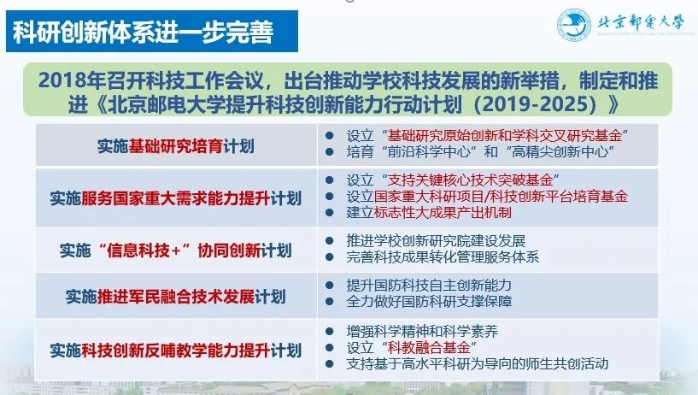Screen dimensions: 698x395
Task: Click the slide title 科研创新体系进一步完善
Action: click(143, 32)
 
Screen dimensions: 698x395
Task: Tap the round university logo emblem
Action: click(574, 26)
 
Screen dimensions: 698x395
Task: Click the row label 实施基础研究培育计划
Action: click(176, 146)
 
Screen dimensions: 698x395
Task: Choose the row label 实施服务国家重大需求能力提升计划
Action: click(176, 198)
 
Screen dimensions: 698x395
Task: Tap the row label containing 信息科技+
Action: click(176, 251)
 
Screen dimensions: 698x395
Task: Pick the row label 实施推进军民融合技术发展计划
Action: click(176, 296)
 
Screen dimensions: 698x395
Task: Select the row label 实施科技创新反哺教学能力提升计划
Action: click(176, 351)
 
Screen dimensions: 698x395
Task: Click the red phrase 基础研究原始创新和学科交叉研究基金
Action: click(504, 135)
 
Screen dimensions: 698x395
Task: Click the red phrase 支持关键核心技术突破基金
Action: click(470, 180)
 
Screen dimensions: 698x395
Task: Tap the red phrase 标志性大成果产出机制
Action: click(443, 212)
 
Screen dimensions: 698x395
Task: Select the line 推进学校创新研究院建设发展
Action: click(436, 241)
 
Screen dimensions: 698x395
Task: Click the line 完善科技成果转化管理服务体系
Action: click(443, 257)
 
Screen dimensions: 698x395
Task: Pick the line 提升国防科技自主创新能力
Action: click(429, 285)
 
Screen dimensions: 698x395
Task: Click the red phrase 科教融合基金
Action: click(429, 347)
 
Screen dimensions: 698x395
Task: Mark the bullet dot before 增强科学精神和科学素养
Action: click(330, 332)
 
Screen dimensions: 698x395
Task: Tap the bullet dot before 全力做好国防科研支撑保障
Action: click(330, 302)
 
